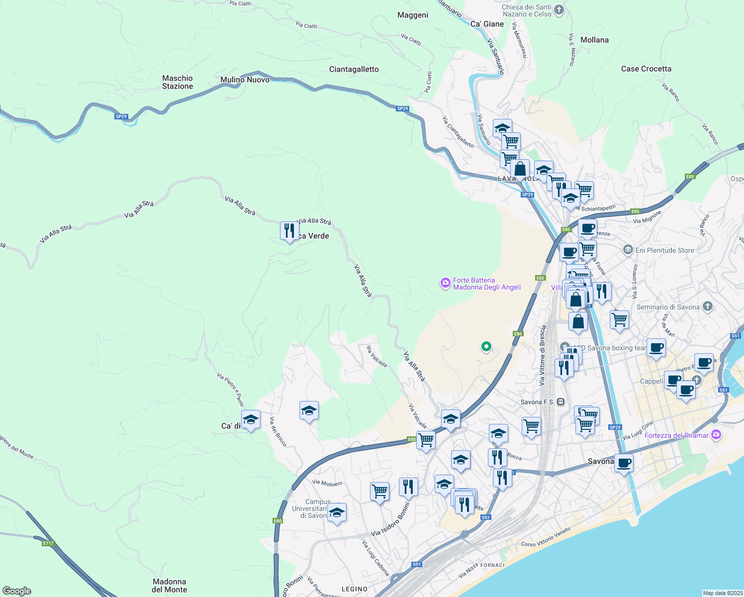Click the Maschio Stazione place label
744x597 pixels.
178,82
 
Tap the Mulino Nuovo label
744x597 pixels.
245,80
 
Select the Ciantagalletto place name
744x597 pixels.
354,69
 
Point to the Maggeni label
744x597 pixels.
413,15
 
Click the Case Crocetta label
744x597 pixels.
646,69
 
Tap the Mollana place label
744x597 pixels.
594,40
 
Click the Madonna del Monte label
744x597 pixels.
170,586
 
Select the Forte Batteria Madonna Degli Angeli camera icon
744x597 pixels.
446,283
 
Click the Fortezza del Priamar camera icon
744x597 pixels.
716,435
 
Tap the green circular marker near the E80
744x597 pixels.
486,346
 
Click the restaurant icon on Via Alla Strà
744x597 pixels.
289,231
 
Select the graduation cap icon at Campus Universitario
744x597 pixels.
337,512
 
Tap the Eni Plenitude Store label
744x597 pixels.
664,250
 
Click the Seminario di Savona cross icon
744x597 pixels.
708,307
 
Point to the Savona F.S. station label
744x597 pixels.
537,402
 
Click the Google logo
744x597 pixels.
16,591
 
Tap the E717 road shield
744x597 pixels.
48,543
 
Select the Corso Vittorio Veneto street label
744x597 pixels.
546,537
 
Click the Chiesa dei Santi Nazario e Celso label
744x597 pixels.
527,10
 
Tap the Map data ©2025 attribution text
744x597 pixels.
722,593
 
